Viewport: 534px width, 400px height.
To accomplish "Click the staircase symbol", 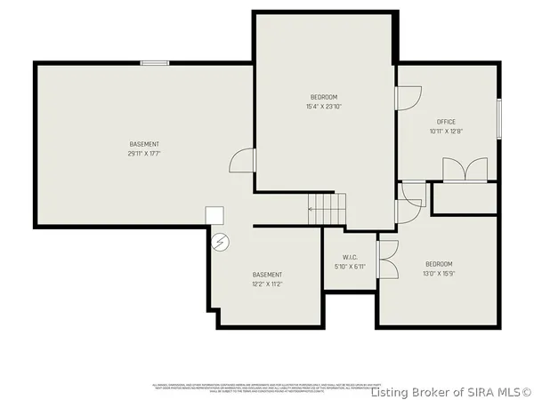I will point(327,210).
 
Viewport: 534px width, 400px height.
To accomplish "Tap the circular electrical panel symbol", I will point(220,240).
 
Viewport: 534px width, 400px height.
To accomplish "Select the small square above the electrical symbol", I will point(214,215).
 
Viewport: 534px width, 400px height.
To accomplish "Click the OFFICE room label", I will point(446,122).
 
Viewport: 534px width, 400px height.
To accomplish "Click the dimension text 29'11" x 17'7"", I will point(144,154).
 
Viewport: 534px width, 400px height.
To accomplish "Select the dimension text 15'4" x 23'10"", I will point(324,107).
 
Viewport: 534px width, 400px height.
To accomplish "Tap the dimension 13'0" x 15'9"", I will point(439,274).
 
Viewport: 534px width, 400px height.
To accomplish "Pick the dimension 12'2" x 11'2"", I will point(267,284).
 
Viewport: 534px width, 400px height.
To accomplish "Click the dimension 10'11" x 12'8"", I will point(446,132).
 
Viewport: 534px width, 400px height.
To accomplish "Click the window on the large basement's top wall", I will point(155,62).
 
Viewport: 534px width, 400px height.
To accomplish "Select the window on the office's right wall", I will point(499,117).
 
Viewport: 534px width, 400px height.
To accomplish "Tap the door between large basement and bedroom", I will point(243,161).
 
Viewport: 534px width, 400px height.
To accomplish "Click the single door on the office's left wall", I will point(408,100).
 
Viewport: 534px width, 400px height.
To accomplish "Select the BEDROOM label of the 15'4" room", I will point(324,97).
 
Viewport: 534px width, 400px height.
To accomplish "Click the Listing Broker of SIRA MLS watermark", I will point(451,391).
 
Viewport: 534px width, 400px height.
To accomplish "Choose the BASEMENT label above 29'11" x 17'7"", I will point(144,144).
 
